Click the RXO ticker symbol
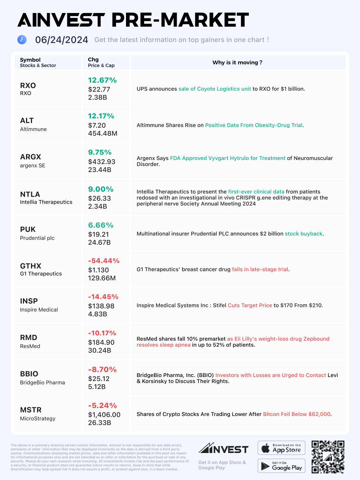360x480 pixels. tap(28, 86)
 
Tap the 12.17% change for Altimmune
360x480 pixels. tap(101, 116)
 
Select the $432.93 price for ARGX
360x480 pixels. tap(102, 162)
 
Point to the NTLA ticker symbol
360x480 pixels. tap(30, 194)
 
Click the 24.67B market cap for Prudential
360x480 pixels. tap(99, 242)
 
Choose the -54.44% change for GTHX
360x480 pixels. tap(104, 261)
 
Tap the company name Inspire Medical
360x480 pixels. tap(39, 310)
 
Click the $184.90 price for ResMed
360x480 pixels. tap(101, 342)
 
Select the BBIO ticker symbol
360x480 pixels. tap(29, 374)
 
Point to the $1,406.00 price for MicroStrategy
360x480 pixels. tap(104, 415)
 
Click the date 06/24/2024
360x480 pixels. tap(62, 40)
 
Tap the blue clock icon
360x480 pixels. tap(22, 40)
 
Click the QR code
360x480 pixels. tap(328, 457)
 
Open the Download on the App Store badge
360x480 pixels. tap(281, 448)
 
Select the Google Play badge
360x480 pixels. tap(281, 466)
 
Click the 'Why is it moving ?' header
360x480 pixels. tap(237, 63)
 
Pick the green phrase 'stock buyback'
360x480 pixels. tap(304, 234)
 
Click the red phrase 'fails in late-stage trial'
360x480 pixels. tap(260, 269)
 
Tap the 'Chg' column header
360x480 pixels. tap(93, 60)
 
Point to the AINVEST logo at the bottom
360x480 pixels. tap(223, 449)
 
